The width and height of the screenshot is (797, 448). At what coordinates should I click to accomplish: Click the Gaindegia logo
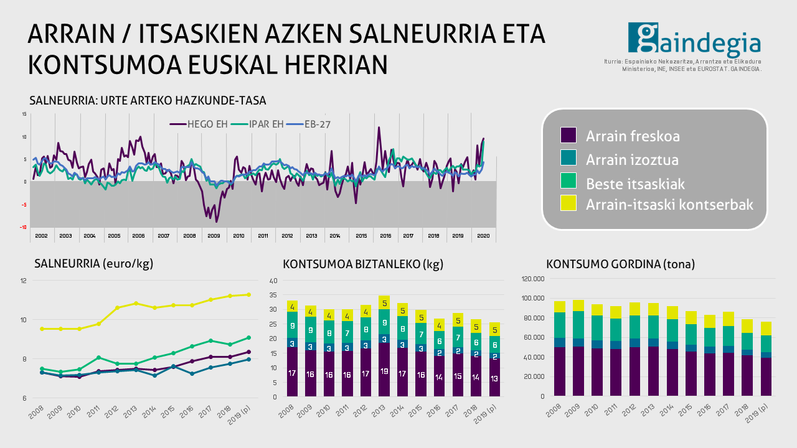[694, 39]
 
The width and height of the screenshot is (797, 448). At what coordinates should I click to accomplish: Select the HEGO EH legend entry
[199, 124]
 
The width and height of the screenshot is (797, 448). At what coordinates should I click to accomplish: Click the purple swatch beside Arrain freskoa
[568, 136]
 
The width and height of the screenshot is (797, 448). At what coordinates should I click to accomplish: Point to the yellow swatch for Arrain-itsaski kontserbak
[568, 203]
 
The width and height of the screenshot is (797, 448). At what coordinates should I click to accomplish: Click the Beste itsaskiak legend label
[635, 184]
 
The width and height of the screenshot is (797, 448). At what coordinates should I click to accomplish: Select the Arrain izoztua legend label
[632, 160]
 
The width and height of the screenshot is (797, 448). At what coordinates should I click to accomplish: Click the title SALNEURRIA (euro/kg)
[94, 264]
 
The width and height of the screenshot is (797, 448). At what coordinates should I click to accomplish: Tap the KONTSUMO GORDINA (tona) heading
[620, 264]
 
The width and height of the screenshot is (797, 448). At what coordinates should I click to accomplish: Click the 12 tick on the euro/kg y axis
[24, 281]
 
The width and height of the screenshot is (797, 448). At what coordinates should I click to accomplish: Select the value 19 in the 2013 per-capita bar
[384, 371]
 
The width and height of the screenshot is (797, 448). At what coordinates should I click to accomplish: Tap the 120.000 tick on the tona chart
[532, 279]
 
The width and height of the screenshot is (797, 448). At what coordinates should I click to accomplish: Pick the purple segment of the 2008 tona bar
[560, 371]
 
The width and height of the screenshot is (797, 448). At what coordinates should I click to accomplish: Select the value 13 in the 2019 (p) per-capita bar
[494, 378]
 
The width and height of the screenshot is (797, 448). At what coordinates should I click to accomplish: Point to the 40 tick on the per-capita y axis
[273, 281]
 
